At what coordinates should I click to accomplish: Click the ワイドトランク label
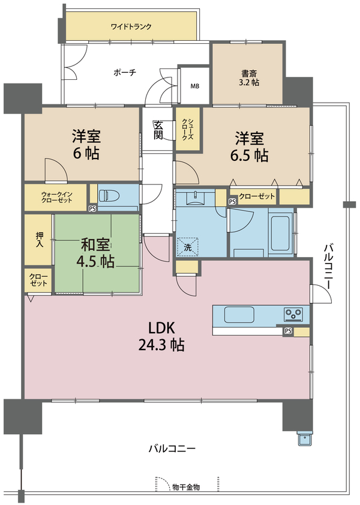click(131, 26)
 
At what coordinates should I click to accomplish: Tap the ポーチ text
click(125, 73)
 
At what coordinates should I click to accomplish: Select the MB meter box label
click(194, 86)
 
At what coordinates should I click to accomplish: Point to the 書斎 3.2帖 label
click(249, 78)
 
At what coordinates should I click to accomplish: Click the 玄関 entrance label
click(158, 130)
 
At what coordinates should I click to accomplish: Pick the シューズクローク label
click(188, 129)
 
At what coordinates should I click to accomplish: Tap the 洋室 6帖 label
click(86, 145)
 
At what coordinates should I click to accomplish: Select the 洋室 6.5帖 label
click(249, 147)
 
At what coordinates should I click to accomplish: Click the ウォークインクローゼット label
click(56, 197)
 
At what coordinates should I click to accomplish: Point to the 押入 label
click(39, 240)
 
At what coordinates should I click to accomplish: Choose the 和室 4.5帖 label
click(95, 253)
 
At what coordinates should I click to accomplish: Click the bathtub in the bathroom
click(281, 232)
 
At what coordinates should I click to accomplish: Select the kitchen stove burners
click(293, 314)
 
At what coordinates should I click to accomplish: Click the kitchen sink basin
click(239, 315)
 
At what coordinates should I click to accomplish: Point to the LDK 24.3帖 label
click(161, 336)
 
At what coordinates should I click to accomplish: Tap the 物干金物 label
click(186, 487)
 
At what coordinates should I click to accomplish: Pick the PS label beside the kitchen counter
click(288, 331)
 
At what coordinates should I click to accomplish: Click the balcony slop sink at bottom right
click(305, 438)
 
